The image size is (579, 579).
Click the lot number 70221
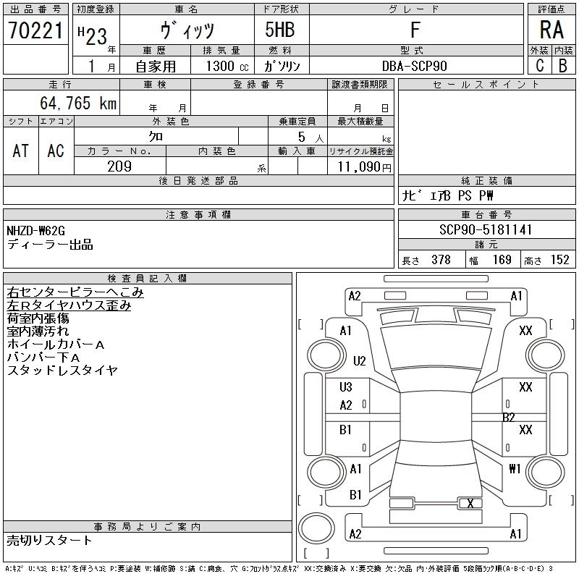[x=35, y=31]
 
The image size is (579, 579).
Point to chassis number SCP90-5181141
[x=486, y=230]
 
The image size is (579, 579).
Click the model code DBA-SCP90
[x=415, y=66]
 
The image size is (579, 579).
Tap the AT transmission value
[x=21, y=151]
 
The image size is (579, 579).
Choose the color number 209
[x=119, y=166]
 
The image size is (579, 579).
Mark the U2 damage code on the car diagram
[x=360, y=360]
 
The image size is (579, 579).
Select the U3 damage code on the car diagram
[x=346, y=388]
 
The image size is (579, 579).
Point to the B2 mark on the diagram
[x=509, y=418]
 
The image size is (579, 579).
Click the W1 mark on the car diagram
[x=515, y=469]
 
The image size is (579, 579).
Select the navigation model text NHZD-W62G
[x=36, y=231]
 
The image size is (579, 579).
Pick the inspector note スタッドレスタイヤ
[x=62, y=371]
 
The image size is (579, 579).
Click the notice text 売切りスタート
[x=50, y=540]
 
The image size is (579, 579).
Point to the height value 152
[x=559, y=260]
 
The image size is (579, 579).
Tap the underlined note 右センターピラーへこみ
[x=75, y=293]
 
